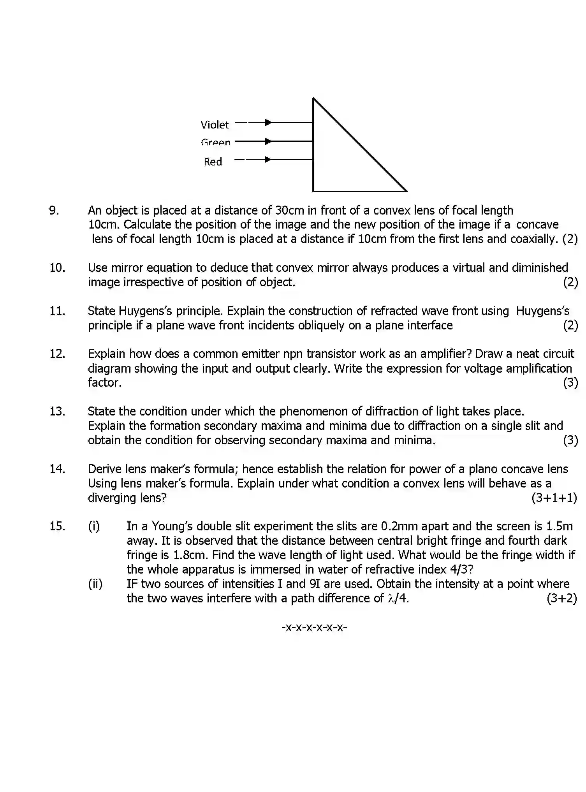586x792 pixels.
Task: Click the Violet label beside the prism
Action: (x=215, y=125)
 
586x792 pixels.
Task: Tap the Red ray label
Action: (x=213, y=162)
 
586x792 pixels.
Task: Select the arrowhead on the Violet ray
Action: (x=268, y=122)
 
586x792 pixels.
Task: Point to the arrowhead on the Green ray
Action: (x=268, y=141)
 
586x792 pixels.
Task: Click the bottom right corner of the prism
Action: (x=406, y=191)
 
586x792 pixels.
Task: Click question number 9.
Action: (x=54, y=211)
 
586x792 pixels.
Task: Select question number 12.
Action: (x=57, y=354)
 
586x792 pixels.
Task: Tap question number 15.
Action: (x=57, y=526)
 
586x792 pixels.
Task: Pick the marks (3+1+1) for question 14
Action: (x=554, y=498)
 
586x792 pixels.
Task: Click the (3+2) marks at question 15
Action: (x=561, y=598)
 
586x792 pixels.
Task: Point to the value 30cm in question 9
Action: (x=289, y=211)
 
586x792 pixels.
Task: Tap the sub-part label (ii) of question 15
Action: (x=95, y=584)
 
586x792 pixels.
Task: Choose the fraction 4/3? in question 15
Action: (x=461, y=570)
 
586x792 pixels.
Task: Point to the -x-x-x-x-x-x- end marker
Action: (x=314, y=627)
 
